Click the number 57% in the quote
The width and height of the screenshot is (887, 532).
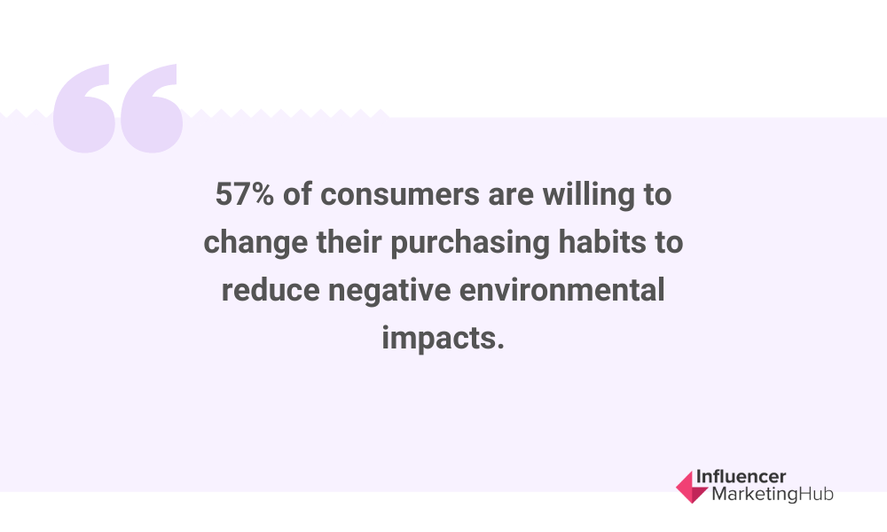pos(245,194)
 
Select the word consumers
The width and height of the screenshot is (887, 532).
pos(400,194)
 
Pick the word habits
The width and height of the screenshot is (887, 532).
pos(602,242)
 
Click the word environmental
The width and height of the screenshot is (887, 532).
pos(561,290)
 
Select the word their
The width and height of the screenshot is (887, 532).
pos(349,242)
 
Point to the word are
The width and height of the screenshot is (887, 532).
pos(511,196)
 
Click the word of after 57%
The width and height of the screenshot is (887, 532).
pos(297,194)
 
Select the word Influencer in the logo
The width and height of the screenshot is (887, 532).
pos(741,477)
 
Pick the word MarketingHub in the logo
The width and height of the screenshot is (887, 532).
pos(773,494)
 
